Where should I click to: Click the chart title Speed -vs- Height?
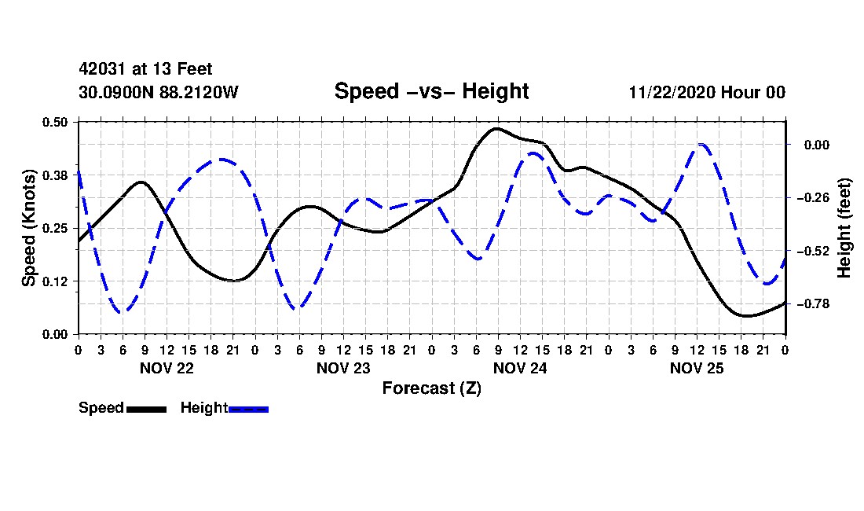[x=431, y=91]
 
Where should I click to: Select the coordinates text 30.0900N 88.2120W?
[x=158, y=92]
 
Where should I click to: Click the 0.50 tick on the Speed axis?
[x=55, y=122]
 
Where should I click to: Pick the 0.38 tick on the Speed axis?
[x=55, y=175]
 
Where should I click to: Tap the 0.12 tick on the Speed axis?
[x=55, y=281]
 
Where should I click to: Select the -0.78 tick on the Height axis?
[x=813, y=303]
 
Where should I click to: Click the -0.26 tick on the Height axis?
[x=813, y=197]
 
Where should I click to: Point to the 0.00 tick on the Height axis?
[x=817, y=145]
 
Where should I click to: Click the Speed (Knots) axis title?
[x=28, y=228]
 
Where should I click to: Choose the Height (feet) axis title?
[x=844, y=228]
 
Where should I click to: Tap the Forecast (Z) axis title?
[x=431, y=388]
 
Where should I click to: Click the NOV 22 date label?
[x=167, y=368]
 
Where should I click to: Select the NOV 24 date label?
[x=520, y=368]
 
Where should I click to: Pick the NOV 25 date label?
[x=697, y=368]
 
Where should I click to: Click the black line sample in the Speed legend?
[x=147, y=409]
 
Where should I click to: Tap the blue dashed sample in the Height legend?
[x=248, y=409]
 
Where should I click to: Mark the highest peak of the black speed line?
[x=496, y=128]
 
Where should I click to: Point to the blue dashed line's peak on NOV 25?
[x=701, y=145]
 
